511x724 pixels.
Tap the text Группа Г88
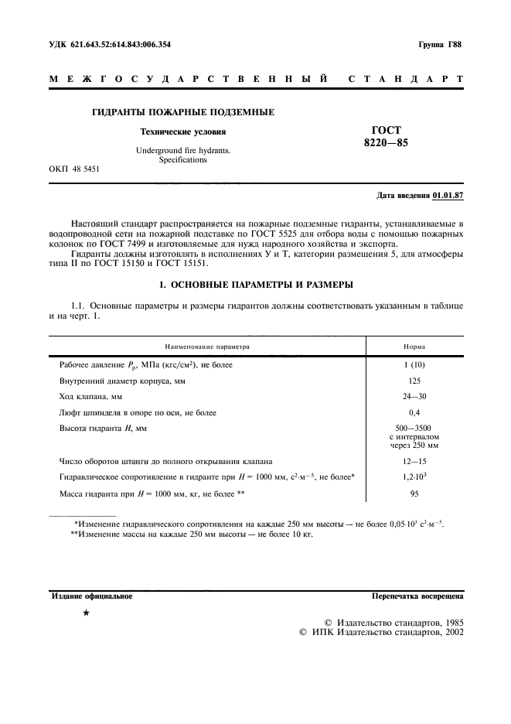440,45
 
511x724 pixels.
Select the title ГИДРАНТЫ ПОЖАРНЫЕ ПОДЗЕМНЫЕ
183,113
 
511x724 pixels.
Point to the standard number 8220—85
393,143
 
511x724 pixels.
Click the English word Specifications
183,160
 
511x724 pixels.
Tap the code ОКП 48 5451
73,168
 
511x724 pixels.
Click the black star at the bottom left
86,613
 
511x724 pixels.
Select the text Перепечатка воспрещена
417,597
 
